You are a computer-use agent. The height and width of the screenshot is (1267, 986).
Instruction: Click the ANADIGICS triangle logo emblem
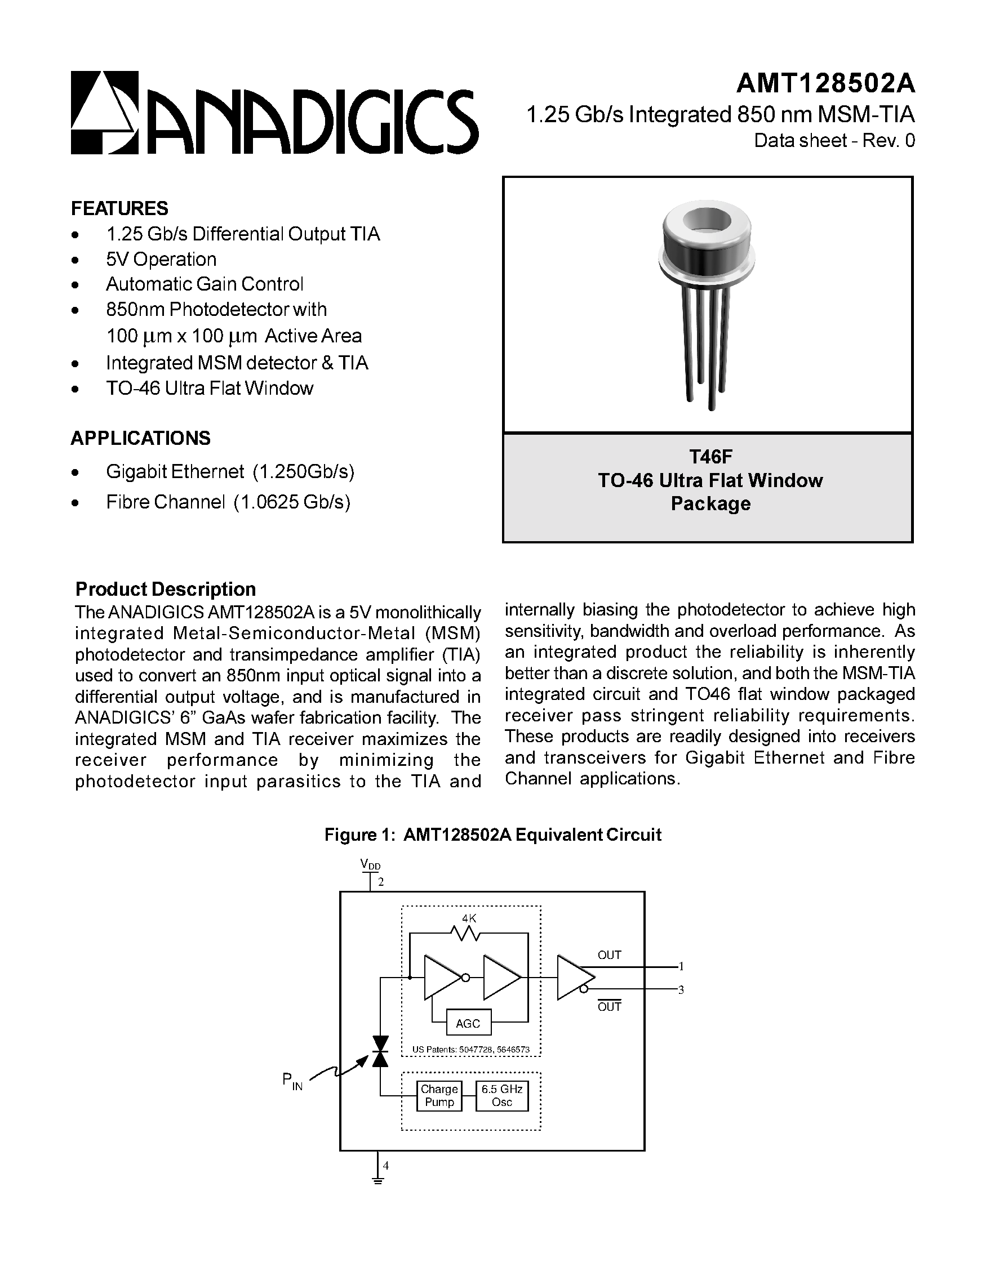pyautogui.click(x=104, y=112)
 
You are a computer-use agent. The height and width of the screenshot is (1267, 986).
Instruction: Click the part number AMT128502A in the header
pyautogui.click(x=825, y=83)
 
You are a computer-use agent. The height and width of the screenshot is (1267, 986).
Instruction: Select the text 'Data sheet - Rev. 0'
pyautogui.click(x=834, y=141)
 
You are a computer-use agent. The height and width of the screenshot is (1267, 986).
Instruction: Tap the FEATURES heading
pyautogui.click(x=119, y=208)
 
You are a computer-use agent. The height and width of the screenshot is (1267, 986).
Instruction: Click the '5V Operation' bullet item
pyautogui.click(x=161, y=260)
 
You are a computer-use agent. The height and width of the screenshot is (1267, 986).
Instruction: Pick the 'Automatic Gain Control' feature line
pyautogui.click(x=205, y=284)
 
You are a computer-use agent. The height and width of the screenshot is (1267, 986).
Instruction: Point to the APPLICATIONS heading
pyautogui.click(x=140, y=438)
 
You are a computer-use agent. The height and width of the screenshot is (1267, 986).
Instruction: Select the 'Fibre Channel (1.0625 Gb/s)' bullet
pyautogui.click(x=228, y=502)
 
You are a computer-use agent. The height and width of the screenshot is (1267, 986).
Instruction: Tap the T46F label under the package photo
pyautogui.click(x=710, y=457)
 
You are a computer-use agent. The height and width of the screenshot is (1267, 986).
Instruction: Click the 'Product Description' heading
pyautogui.click(x=166, y=589)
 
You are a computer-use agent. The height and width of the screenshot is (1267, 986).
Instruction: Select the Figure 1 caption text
pyautogui.click(x=492, y=835)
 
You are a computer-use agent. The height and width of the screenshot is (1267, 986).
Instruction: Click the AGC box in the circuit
pyautogui.click(x=468, y=1023)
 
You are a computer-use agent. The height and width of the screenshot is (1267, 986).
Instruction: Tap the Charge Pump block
pyautogui.click(x=439, y=1096)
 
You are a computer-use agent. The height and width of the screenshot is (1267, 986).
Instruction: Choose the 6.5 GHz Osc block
pyautogui.click(x=501, y=1096)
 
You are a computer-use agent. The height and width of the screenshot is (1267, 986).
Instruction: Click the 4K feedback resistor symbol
pyautogui.click(x=465, y=934)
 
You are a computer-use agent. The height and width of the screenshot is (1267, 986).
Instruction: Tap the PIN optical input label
pyautogui.click(x=292, y=1081)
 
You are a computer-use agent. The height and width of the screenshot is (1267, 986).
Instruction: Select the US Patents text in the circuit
pyautogui.click(x=470, y=1049)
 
